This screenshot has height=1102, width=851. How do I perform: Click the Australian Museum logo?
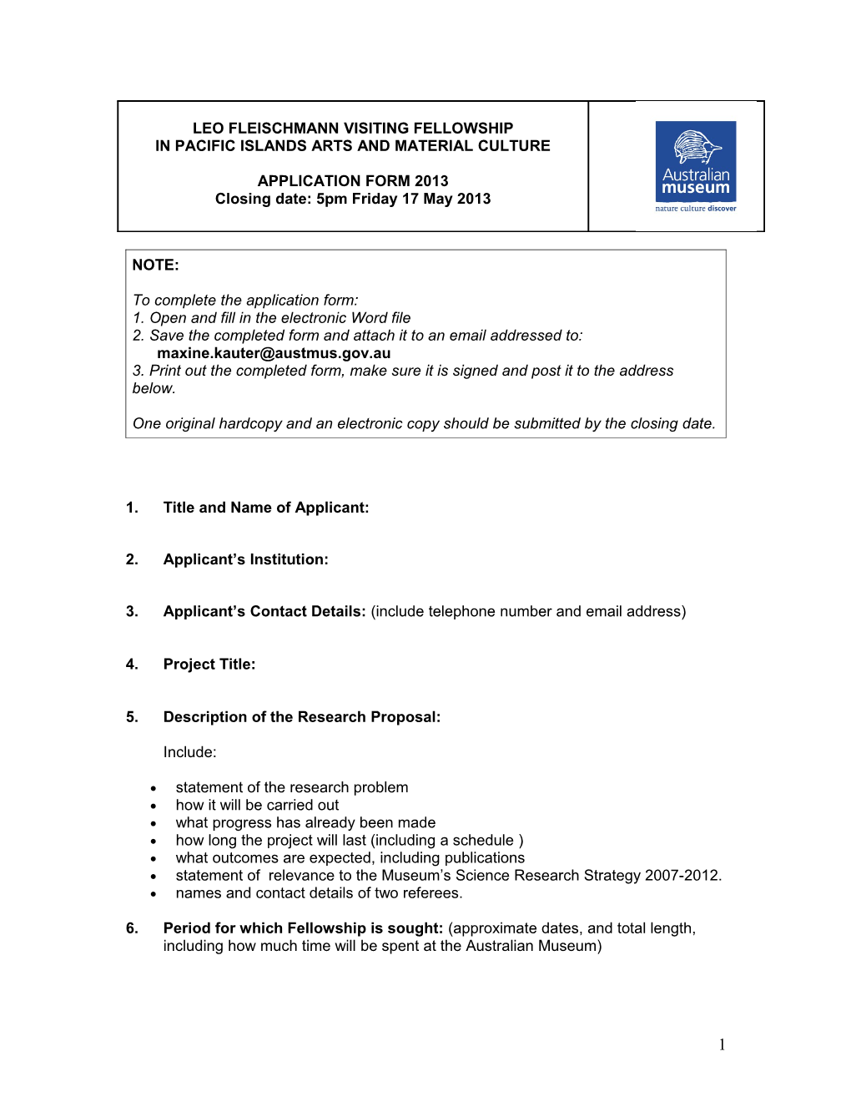point(696,166)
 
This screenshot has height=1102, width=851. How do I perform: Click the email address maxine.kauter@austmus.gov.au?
point(274,353)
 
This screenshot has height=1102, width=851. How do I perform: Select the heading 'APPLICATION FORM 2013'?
point(353,181)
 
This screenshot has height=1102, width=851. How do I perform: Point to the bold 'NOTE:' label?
point(156,265)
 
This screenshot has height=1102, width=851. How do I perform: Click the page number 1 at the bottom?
point(722,1044)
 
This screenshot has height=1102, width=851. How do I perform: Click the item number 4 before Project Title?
point(132,665)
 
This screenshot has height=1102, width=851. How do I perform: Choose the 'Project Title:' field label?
point(209,665)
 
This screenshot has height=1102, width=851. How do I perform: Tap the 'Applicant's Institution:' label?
point(246,559)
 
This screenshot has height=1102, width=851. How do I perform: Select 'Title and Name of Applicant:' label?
point(266,508)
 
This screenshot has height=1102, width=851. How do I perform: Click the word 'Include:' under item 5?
point(190,752)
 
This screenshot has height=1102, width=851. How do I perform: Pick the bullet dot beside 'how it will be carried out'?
point(154,806)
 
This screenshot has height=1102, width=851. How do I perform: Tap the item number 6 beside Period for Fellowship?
point(132,928)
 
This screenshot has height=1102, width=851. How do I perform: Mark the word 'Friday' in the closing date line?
point(374,199)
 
